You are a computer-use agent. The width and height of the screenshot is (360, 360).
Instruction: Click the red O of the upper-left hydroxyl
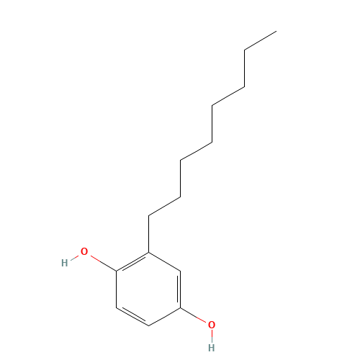[84, 251]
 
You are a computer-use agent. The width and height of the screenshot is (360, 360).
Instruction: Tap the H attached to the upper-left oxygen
[65, 263]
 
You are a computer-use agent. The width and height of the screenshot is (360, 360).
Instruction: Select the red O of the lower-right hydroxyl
[212, 325]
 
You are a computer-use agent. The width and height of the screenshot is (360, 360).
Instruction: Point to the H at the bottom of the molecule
[212, 348]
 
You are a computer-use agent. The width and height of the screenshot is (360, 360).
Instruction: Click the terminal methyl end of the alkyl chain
[276, 31]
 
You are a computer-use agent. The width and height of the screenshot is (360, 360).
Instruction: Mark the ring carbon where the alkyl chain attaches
[148, 252]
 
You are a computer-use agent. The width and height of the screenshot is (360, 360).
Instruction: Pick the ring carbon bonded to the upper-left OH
[117, 271]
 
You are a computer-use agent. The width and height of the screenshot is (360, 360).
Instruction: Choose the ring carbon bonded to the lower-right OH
[181, 307]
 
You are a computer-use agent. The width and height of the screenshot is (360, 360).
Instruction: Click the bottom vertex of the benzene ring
[148, 325]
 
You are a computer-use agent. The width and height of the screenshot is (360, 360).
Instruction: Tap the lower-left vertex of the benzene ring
[117, 307]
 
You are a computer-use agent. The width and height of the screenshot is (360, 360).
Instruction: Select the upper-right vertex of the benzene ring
[181, 271]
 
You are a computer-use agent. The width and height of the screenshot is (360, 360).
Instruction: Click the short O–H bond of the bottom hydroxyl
[212, 334]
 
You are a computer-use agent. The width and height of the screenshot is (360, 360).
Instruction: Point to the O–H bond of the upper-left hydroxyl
[75, 257]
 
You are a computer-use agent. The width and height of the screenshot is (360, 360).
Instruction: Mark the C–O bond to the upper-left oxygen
[104, 264]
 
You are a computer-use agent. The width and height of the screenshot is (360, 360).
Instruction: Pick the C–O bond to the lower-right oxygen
[193, 315]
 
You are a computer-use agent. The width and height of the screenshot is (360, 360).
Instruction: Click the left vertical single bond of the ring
[117, 289]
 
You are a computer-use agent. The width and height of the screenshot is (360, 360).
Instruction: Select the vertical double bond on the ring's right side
[179, 289]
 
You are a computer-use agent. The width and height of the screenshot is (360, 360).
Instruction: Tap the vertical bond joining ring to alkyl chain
[148, 234]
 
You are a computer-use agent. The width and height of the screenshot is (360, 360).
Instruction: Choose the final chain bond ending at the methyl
[261, 40]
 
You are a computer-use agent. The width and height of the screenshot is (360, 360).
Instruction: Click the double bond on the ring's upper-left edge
[133, 263]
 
